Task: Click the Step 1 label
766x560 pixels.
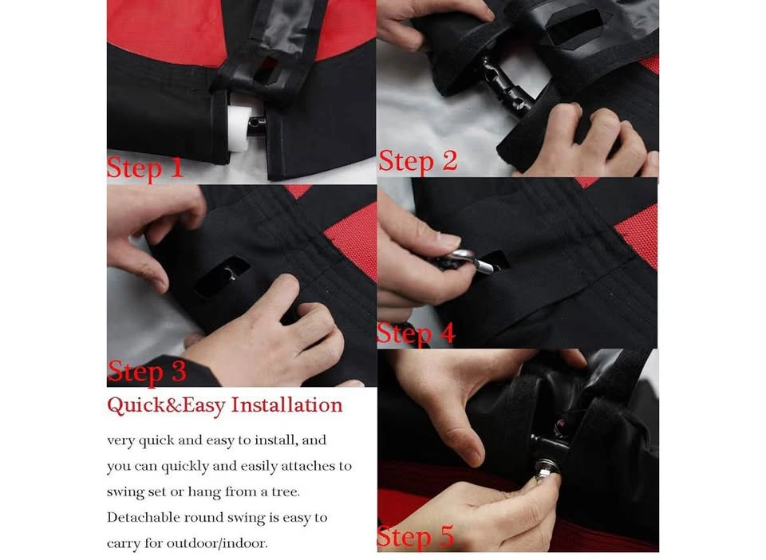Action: click(144, 168)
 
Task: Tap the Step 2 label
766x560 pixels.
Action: click(417, 160)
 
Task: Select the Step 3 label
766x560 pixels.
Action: click(147, 371)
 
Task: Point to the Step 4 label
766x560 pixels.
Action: click(416, 334)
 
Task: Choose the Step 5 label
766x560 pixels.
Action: click(416, 536)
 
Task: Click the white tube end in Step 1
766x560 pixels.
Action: click(239, 128)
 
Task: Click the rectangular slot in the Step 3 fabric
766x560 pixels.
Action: click(222, 278)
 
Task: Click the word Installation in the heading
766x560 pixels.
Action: click(286, 404)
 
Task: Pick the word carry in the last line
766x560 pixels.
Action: click(123, 544)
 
